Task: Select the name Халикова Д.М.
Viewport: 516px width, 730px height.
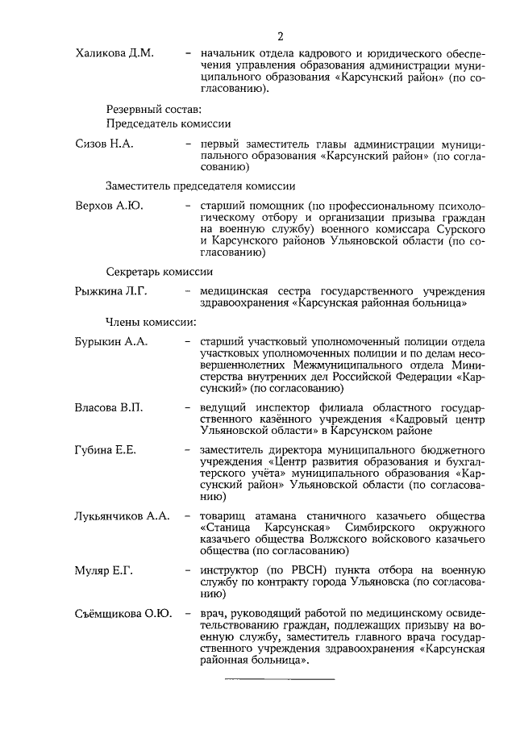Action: pyautogui.click(x=114, y=53)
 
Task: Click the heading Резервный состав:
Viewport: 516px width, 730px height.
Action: pyautogui.click(x=152, y=109)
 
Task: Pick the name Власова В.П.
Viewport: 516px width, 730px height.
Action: pyautogui.click(x=108, y=407)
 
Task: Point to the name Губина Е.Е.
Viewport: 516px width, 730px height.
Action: pyautogui.click(x=105, y=449)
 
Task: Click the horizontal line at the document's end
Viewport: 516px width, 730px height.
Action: pyautogui.click(x=279, y=680)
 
